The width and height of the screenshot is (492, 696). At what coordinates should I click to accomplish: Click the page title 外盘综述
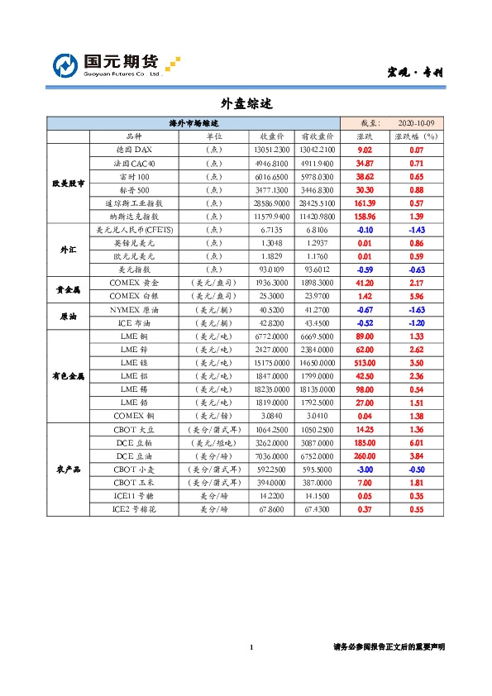pos(246,104)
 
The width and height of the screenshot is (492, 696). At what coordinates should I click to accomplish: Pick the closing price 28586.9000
pos(272,203)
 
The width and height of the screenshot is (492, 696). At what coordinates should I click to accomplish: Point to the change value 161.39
pos(364,203)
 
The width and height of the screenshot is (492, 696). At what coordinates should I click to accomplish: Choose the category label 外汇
pos(68,249)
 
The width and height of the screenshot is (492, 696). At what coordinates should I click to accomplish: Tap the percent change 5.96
pos(416,296)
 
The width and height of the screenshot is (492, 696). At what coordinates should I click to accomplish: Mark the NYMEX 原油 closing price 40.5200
pos(272,309)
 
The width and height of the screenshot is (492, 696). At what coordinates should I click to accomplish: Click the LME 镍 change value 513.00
pos(364,362)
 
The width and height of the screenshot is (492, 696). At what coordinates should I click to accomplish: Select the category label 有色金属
pos(68,375)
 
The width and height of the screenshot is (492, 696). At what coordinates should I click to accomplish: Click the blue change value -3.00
pos(364,469)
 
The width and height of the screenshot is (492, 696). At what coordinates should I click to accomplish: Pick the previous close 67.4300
pos(318,509)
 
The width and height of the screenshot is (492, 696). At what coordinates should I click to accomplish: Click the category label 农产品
pos(68,469)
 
